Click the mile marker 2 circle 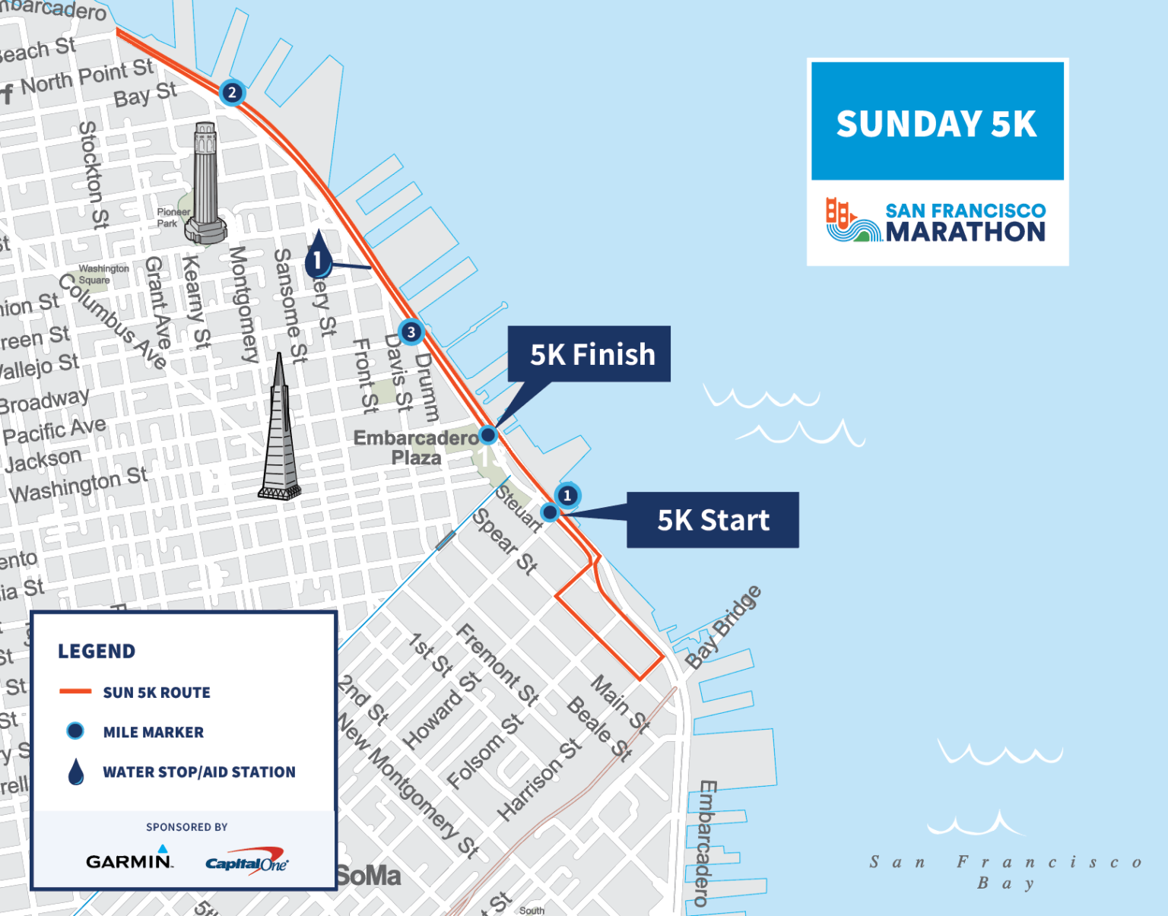[x=232, y=93]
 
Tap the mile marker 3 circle [x=411, y=332]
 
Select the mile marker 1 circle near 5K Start [x=567, y=496]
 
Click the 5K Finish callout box [x=589, y=354]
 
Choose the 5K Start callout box [x=713, y=520]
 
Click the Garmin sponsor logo [x=129, y=861]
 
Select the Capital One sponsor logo [x=246, y=863]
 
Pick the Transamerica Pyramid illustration [x=280, y=431]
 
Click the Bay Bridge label [x=722, y=627]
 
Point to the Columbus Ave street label [x=113, y=322]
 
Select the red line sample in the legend [x=75, y=692]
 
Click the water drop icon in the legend [x=76, y=772]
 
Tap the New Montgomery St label [x=408, y=786]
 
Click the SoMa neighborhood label [x=368, y=876]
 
